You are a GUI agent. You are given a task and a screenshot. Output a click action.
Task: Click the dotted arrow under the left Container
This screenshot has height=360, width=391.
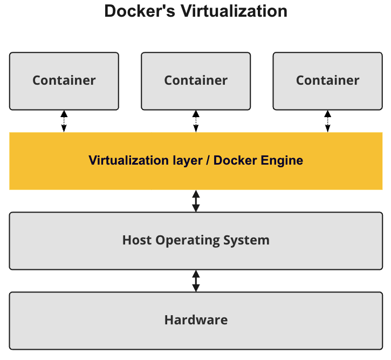pos(64,121)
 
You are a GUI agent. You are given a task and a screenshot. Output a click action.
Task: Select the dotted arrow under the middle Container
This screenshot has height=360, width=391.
pos(196,121)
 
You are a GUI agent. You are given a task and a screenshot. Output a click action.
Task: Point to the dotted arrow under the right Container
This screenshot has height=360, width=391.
pos(327,121)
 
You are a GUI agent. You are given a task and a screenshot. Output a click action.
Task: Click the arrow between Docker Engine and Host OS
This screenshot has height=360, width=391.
pos(196,201)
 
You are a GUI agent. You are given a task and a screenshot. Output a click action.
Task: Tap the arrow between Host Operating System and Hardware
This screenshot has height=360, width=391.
pos(196,281)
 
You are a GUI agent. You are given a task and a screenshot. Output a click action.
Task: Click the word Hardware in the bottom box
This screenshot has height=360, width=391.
pos(196,320)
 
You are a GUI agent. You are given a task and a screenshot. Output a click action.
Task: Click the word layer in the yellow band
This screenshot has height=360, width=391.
pos(186,161)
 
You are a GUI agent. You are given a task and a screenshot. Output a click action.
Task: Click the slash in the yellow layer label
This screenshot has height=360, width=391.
pos(207,161)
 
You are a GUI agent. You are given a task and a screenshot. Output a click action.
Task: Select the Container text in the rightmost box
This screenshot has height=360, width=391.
pos(327,80)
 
